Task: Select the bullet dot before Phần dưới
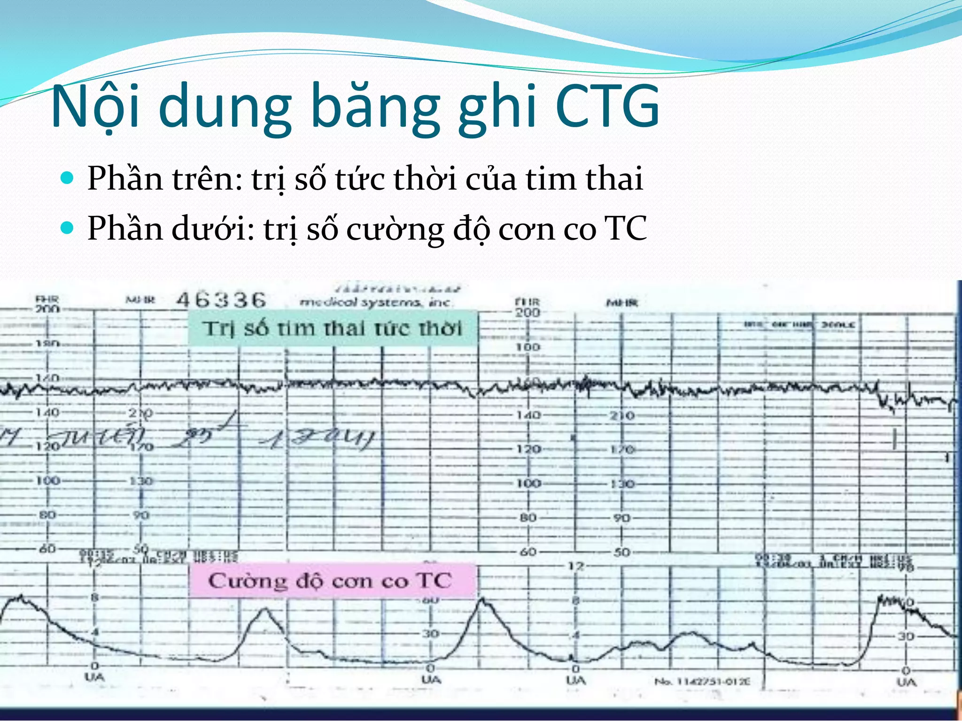click(x=68, y=228)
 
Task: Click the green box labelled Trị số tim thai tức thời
click(x=333, y=328)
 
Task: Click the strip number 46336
click(x=221, y=300)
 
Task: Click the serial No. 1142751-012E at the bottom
click(x=702, y=681)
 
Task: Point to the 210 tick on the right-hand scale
click(x=622, y=415)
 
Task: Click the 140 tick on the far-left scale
click(x=47, y=413)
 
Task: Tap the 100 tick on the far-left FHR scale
click(x=47, y=481)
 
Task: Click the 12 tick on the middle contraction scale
click(x=576, y=566)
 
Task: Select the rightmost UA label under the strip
click(x=907, y=682)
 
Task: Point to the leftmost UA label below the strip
click(x=94, y=677)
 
